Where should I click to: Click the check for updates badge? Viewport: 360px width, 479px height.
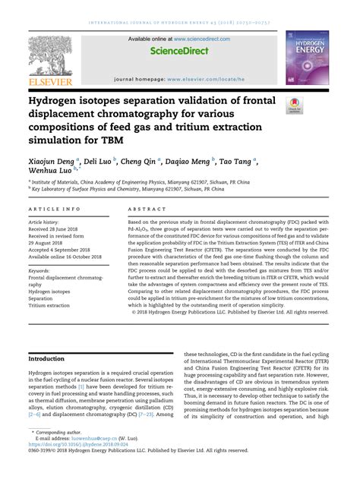tap(292, 106)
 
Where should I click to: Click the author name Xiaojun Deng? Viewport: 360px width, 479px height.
tap(52, 161)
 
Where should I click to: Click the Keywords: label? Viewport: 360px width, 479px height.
tap(43, 270)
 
